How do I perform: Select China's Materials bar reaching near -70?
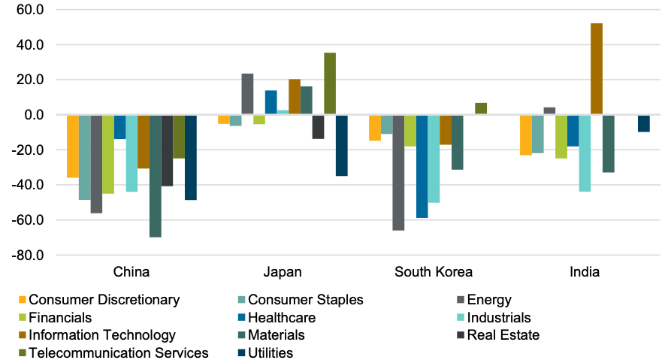(156, 176)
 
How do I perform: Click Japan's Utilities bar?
(342, 145)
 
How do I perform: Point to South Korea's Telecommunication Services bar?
(481, 109)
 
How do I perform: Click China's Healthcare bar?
(120, 127)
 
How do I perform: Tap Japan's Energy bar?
(247, 94)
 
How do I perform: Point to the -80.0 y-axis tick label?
(29, 256)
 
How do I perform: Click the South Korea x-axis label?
(434, 271)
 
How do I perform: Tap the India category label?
(585, 271)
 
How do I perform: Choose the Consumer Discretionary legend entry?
(104, 300)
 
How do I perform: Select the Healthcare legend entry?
(281, 317)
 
